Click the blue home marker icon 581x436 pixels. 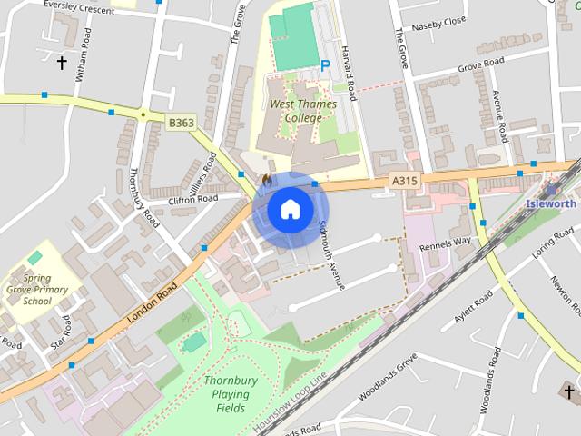[x=290, y=209]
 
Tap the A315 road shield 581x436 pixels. [x=405, y=182]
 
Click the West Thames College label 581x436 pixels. [x=303, y=111]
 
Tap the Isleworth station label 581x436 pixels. [x=551, y=204]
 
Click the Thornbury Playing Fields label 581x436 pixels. [x=231, y=394]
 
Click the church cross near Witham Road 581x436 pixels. [x=63, y=63]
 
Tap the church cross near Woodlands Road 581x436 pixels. [x=569, y=392]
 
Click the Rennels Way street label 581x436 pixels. [x=445, y=243]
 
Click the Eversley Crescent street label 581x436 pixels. [x=79, y=8]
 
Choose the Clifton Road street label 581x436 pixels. [x=193, y=199]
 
